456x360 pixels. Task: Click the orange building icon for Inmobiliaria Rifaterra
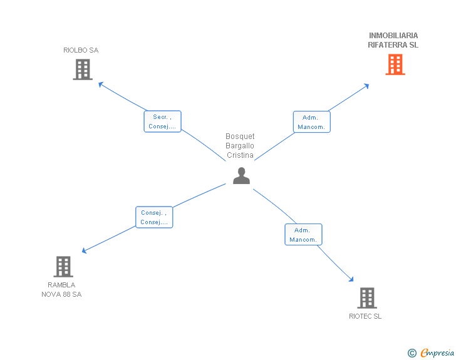pyautogui.click(x=395, y=64)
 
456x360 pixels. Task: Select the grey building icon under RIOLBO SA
pyautogui.click(x=82, y=69)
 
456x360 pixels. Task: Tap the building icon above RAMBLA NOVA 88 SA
pyautogui.click(x=63, y=267)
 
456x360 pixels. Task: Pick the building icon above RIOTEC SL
pyautogui.click(x=366, y=298)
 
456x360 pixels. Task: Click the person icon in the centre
pyautogui.click(x=241, y=176)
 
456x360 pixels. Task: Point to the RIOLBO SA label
pyautogui.click(x=81, y=50)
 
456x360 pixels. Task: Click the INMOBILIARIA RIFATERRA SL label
pyautogui.click(x=393, y=40)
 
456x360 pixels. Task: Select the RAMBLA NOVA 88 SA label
pyautogui.click(x=61, y=289)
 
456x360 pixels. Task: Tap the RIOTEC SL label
pyautogui.click(x=365, y=316)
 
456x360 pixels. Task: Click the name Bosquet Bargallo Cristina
pyautogui.click(x=240, y=146)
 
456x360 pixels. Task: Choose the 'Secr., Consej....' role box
pyautogui.click(x=163, y=121)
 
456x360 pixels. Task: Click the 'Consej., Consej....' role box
pyautogui.click(x=154, y=217)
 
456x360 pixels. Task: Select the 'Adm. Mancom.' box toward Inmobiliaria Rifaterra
pyautogui.click(x=311, y=122)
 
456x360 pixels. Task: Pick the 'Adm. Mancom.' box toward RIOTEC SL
pyautogui.click(x=304, y=235)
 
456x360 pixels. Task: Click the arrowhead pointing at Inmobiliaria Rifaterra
pyautogui.click(x=367, y=85)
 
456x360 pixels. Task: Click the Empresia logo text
pyautogui.click(x=437, y=353)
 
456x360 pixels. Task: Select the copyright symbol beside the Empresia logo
pyautogui.click(x=412, y=353)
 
